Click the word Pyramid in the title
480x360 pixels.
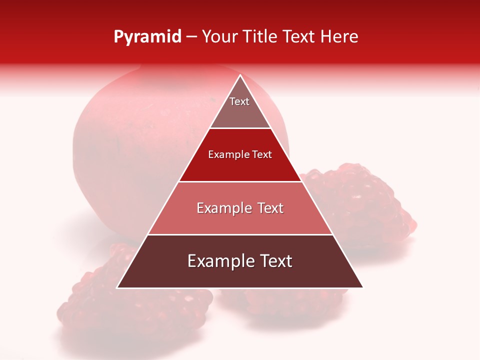pyautogui.click(x=147, y=37)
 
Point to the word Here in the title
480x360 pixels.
pyautogui.click(x=339, y=36)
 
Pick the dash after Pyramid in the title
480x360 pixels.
pyautogui.click(x=191, y=37)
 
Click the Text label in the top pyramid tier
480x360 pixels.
pyautogui.click(x=239, y=101)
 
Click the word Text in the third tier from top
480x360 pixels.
pyautogui.click(x=270, y=208)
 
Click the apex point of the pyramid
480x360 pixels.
pyautogui.click(x=240, y=75)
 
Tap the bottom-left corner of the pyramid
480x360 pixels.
pyautogui.click(x=117, y=287)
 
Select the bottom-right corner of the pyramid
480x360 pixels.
pyautogui.click(x=362, y=287)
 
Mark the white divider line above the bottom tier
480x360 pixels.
pyautogui.click(x=240, y=234)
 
